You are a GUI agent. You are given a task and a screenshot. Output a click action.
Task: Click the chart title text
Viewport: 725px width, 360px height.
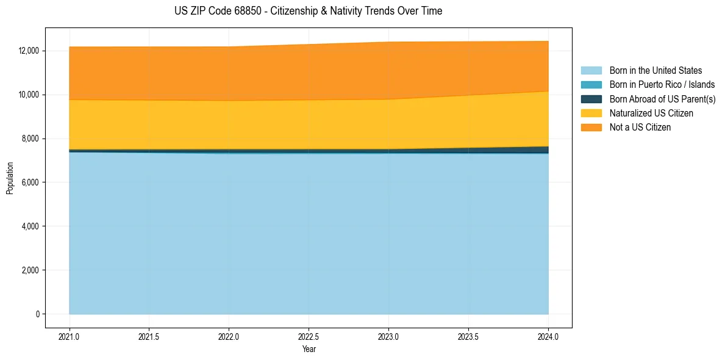pyautogui.click(x=308, y=11)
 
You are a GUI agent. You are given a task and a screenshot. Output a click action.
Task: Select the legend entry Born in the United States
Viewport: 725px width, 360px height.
pyautogui.click(x=655, y=71)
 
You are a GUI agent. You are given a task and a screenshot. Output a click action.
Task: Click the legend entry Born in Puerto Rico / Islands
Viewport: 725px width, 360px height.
pyautogui.click(x=662, y=85)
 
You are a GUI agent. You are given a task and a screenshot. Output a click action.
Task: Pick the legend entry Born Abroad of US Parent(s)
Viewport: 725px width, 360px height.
pyautogui.click(x=662, y=99)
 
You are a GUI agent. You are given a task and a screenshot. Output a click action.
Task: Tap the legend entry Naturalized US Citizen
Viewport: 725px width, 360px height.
pyautogui.click(x=651, y=113)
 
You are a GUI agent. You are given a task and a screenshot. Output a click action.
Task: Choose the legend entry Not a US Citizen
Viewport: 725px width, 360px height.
pyautogui.click(x=640, y=128)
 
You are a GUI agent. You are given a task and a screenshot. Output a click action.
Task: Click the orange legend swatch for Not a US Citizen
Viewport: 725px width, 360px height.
pyautogui.click(x=591, y=128)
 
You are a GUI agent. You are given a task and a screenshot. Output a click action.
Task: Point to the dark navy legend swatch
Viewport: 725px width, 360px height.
pyautogui.click(x=591, y=99)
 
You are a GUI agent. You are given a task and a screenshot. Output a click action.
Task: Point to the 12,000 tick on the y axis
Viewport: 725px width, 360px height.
pyautogui.click(x=29, y=51)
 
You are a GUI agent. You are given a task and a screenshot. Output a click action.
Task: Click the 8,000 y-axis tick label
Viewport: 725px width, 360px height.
pyautogui.click(x=31, y=139)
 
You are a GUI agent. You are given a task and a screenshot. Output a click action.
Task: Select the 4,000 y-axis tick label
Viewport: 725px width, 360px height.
pyautogui.click(x=31, y=226)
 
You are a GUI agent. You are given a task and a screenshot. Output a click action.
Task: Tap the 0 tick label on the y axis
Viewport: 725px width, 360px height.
pyautogui.click(x=37, y=314)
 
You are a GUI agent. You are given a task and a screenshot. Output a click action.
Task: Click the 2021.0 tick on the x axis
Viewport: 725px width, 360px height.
pyautogui.click(x=70, y=336)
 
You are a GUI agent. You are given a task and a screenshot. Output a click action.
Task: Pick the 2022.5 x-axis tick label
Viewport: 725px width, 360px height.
pyautogui.click(x=309, y=336)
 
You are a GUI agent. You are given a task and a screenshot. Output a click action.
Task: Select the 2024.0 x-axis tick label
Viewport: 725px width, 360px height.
pyautogui.click(x=548, y=336)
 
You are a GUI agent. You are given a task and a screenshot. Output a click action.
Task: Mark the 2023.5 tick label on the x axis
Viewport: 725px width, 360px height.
pyautogui.click(x=468, y=336)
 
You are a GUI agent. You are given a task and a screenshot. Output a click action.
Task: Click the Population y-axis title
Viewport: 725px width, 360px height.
pyautogui.click(x=10, y=178)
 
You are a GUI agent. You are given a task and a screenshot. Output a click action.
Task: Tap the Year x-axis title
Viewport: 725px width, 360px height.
pyautogui.click(x=309, y=349)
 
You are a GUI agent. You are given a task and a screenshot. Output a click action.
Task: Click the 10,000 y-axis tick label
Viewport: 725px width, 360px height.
pyautogui.click(x=29, y=95)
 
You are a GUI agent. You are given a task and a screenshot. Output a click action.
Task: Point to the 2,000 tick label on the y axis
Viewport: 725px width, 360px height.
pyautogui.click(x=31, y=270)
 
